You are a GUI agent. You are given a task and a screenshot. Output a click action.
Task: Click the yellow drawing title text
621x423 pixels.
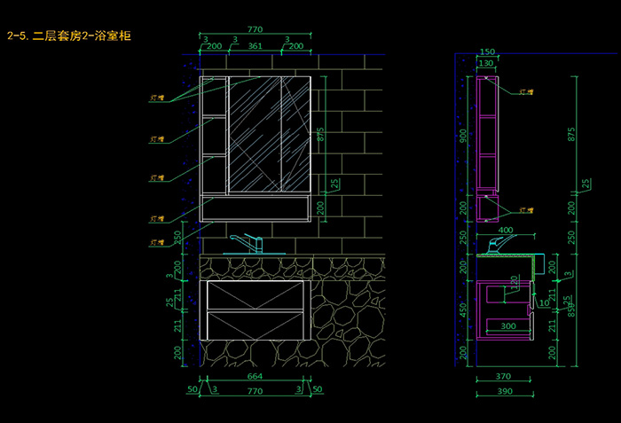69,36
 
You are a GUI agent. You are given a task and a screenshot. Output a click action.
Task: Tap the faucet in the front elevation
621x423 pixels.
247,243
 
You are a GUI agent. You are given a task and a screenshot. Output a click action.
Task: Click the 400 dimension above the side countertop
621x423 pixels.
506,231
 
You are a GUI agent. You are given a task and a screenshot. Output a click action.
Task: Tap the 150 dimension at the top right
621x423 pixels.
487,52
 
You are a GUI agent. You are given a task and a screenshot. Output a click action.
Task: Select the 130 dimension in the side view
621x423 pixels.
486,64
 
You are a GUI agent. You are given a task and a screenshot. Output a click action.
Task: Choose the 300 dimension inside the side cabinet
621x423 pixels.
507,326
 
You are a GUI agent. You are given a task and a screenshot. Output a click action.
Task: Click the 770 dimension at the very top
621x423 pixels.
256,29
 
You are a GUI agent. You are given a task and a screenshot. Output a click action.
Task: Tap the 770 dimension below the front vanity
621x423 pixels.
255,390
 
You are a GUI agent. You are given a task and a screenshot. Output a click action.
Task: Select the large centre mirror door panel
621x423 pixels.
255,135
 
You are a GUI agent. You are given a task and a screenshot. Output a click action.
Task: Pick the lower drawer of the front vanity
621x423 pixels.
255,325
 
